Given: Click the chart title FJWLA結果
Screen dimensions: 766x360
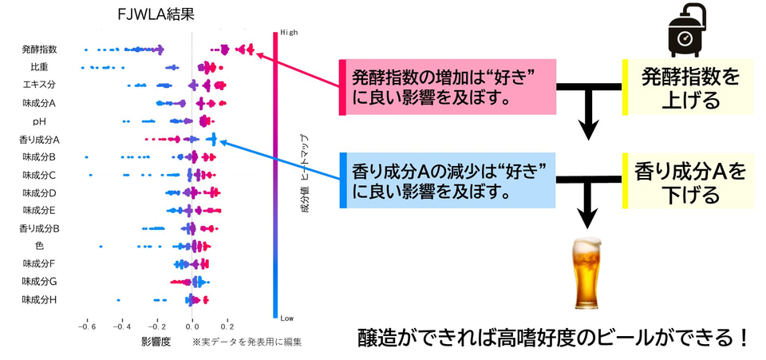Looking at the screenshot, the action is click(x=156, y=14).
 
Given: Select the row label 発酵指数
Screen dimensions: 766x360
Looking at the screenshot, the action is click(x=40, y=49).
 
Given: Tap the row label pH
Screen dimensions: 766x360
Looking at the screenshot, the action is click(x=40, y=121).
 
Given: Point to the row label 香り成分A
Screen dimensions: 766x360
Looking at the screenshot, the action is click(x=39, y=140).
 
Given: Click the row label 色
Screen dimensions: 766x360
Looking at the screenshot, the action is click(x=40, y=246).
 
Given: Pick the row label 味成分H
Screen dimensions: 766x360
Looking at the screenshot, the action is click(x=40, y=299).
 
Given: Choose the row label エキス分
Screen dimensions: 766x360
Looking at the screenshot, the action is click(x=40, y=85).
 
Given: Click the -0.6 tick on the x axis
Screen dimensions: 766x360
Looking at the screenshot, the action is click(x=87, y=326).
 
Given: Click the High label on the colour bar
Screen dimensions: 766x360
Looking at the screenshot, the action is click(x=288, y=33).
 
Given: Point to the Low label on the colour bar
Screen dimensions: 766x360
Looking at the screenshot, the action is click(x=287, y=318).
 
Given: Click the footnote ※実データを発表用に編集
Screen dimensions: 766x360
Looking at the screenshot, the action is click(x=247, y=342).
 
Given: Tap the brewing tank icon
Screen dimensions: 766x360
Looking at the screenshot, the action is click(x=687, y=30).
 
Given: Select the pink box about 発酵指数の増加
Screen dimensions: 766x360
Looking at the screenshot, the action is click(x=448, y=88).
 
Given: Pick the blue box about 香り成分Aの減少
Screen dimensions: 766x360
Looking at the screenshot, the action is click(x=448, y=180).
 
